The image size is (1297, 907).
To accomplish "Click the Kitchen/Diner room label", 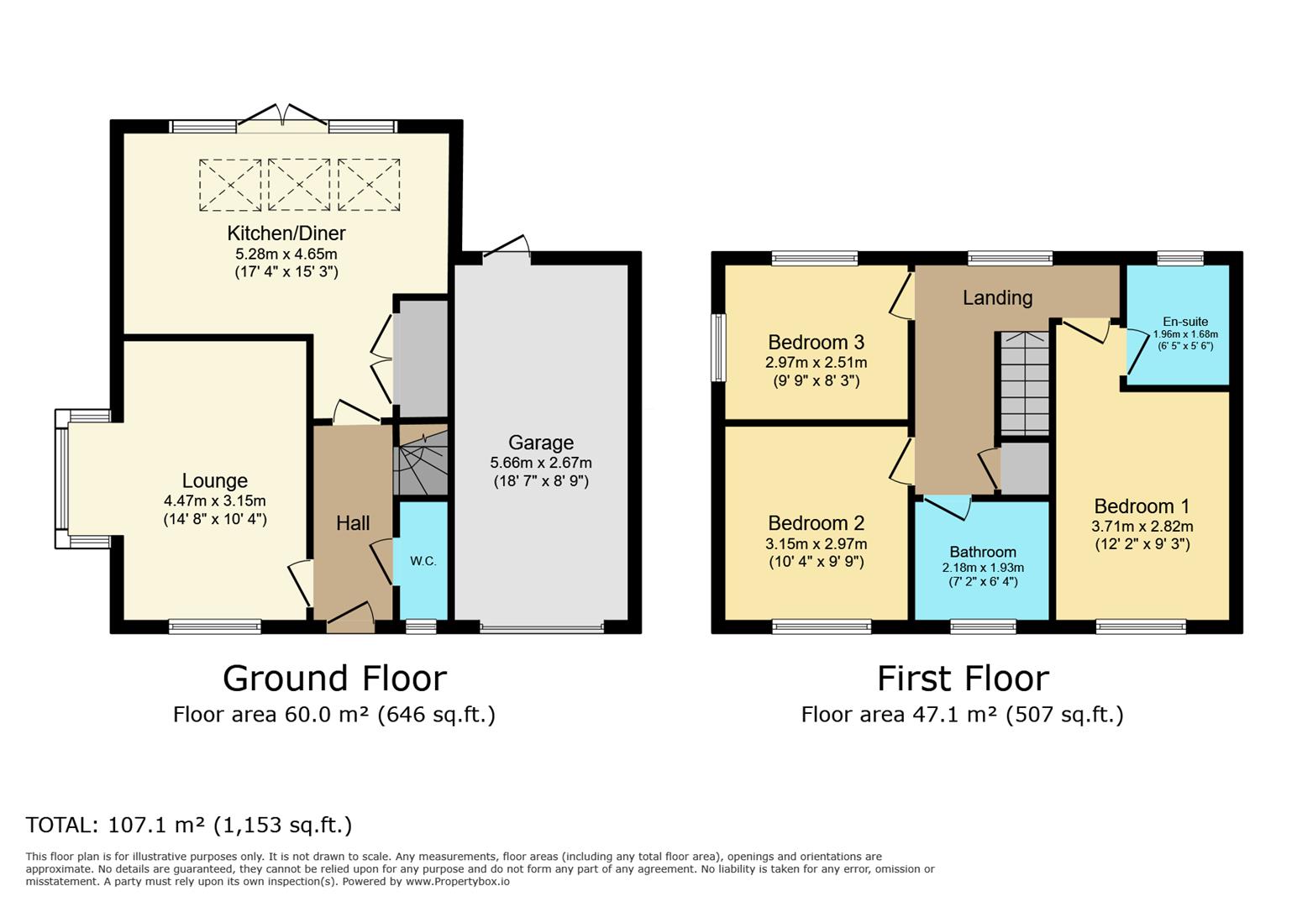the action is [x=286, y=233].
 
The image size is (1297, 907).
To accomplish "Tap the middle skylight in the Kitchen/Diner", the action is [x=299, y=186].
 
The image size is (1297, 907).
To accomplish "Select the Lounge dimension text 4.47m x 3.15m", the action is [x=215, y=501].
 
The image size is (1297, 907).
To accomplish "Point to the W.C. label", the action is [x=423, y=561].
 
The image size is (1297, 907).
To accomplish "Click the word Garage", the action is [x=541, y=443].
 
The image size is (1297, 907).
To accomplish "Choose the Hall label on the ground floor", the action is [x=353, y=523].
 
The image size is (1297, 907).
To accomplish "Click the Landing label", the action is [x=997, y=298].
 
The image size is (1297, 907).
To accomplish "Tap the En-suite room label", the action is [x=1185, y=322].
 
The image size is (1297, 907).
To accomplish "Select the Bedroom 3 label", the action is [x=816, y=342].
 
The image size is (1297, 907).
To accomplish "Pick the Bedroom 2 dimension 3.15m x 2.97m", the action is [x=816, y=544].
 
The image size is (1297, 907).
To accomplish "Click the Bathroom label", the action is [x=983, y=553].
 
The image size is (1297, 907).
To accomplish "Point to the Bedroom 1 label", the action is [x=1142, y=506].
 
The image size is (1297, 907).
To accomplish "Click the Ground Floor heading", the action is [x=334, y=679].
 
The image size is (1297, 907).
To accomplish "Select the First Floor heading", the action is [x=963, y=679].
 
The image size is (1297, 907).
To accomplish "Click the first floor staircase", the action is [x=1024, y=383].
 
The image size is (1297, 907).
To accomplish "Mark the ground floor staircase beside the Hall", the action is [x=421, y=460].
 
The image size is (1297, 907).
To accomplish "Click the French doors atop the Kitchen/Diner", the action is [x=282, y=118].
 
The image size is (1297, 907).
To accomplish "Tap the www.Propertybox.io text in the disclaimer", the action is [x=458, y=882].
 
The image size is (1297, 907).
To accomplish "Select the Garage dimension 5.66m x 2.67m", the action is [x=541, y=463].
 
